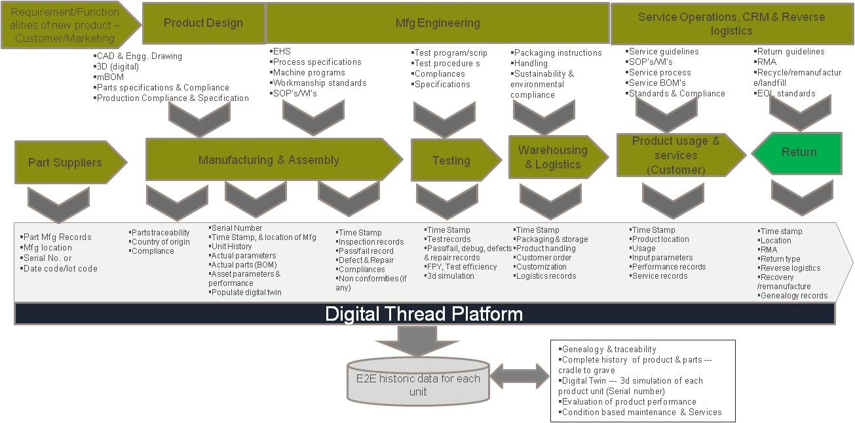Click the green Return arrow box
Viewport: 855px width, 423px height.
(797, 153)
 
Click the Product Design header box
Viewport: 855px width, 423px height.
(203, 23)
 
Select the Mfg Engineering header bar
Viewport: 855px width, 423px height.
(438, 23)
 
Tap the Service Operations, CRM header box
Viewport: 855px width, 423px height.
(731, 24)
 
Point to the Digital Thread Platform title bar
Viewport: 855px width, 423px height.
(424, 314)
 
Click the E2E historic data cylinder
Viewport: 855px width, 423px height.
(418, 382)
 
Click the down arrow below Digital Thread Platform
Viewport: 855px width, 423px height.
(417, 338)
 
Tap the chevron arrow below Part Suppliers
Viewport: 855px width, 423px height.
(59, 203)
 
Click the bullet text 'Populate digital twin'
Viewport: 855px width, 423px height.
(247, 292)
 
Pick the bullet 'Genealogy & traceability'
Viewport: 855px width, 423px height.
(609, 350)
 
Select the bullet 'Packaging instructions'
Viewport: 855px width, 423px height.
(558, 53)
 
